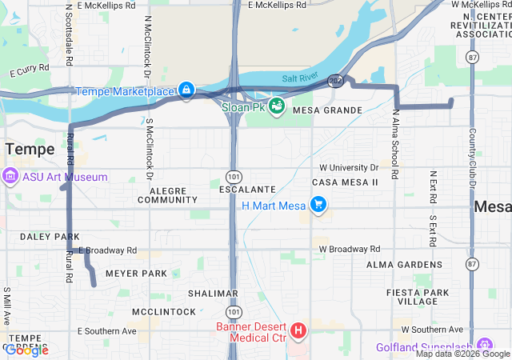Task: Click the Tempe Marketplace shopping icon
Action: [x=186, y=90]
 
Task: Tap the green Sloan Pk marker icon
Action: [x=276, y=106]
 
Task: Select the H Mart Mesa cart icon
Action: [x=318, y=206]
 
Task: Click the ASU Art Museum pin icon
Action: [x=10, y=176]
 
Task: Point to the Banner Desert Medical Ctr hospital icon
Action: [x=298, y=330]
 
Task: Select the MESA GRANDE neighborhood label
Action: [x=327, y=110]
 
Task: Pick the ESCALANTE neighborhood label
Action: [x=247, y=190]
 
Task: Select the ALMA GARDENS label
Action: [x=402, y=264]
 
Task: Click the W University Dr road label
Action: [x=349, y=168]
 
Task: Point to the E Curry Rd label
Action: [x=30, y=71]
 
